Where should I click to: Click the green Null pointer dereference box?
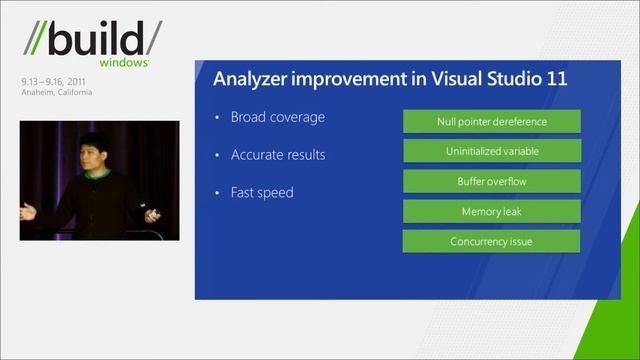click(491, 122)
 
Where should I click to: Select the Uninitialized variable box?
click(491, 152)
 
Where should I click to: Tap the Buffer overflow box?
click(491, 182)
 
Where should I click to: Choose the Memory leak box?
click(491, 212)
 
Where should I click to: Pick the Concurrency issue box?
click(491, 241)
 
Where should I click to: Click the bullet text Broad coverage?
click(278, 117)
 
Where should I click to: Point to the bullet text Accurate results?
click(278, 155)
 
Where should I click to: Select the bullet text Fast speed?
click(262, 192)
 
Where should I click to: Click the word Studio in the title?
click(507, 78)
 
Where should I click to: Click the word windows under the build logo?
click(128, 62)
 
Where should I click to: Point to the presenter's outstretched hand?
click(28, 211)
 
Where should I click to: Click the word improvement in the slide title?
click(349, 79)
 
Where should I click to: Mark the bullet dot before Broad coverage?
click(217, 118)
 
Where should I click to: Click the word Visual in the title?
click(443, 78)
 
